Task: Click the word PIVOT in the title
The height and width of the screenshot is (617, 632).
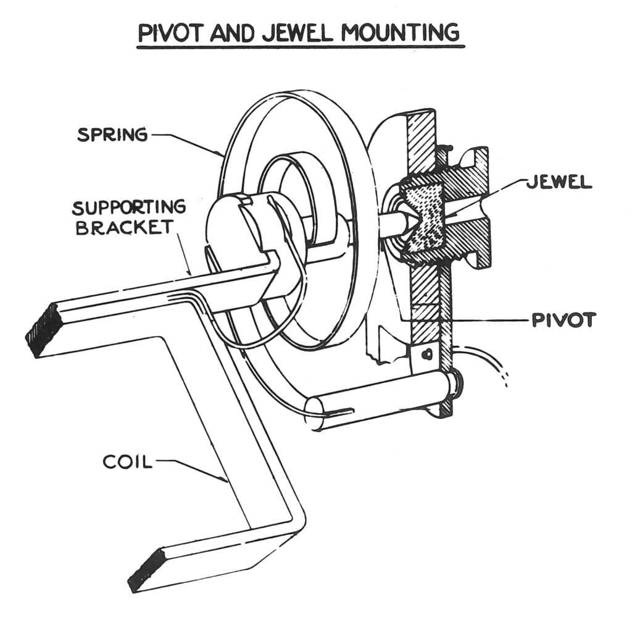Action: point(170,31)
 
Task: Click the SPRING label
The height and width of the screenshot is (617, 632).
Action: point(112,135)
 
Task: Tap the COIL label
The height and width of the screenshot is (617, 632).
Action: point(127,461)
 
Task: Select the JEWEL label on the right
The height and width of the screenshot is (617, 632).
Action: point(559,182)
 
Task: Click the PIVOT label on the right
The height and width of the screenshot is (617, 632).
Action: point(563,320)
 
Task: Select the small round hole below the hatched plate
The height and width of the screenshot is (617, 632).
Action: point(425,355)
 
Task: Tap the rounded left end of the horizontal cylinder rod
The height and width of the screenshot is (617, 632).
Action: point(315,413)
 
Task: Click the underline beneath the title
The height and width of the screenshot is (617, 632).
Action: point(300,46)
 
